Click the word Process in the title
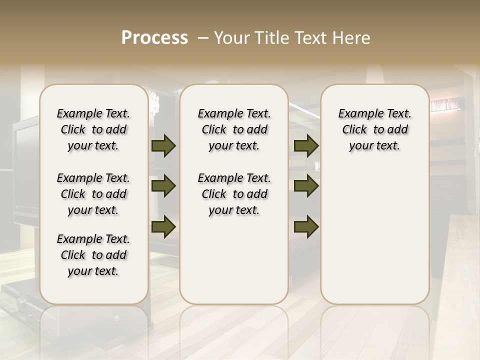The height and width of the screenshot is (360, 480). click(x=154, y=38)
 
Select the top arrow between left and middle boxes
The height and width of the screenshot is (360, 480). click(x=163, y=146)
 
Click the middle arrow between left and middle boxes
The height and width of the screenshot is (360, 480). click(x=163, y=186)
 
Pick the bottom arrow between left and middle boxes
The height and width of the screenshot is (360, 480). click(x=163, y=226)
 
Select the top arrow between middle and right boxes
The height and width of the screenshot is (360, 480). click(x=306, y=146)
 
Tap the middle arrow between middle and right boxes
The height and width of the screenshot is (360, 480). click(x=306, y=186)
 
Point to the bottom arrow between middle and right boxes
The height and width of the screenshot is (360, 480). click(x=306, y=226)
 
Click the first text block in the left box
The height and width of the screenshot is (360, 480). click(x=93, y=129)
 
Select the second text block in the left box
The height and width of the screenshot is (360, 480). click(x=93, y=194)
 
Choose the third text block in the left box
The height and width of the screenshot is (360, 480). click(x=93, y=255)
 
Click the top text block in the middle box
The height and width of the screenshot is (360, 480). click(x=234, y=129)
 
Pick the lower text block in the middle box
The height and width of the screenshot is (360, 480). click(x=234, y=194)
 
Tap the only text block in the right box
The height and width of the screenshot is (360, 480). click(x=374, y=129)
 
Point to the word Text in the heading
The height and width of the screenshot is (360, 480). click(x=311, y=38)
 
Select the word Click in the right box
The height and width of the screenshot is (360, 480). click(x=354, y=130)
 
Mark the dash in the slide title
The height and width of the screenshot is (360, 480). click(x=203, y=38)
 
